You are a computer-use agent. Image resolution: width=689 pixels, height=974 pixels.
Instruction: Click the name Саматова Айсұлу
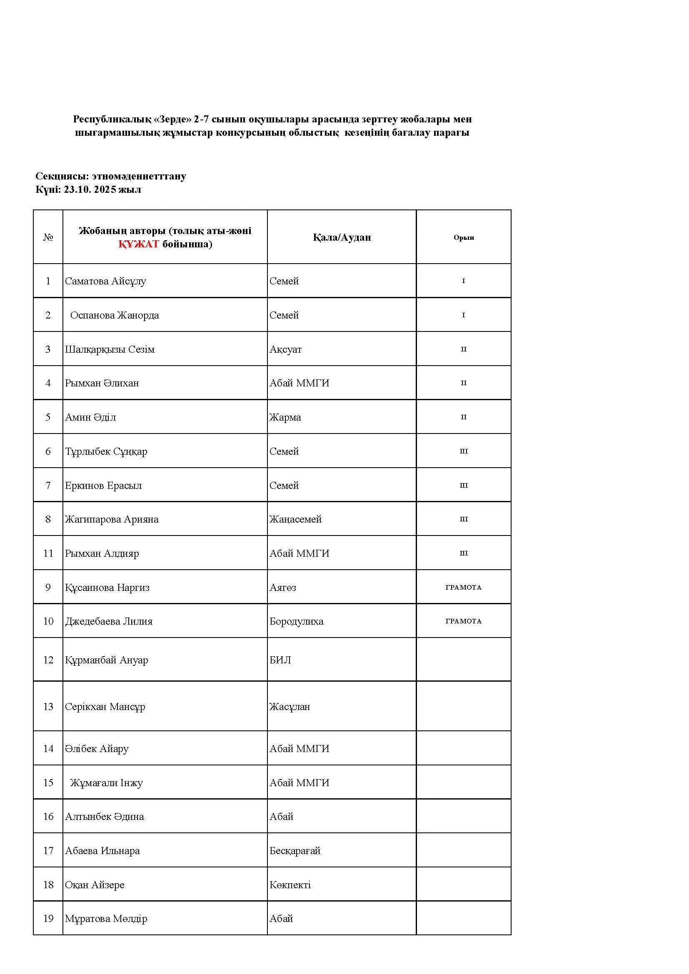(x=105, y=281)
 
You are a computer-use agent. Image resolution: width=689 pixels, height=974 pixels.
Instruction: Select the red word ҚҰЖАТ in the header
(x=138, y=244)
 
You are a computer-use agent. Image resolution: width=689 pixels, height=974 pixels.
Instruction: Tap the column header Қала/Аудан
(x=342, y=237)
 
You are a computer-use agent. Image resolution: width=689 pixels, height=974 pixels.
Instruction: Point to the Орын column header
(x=463, y=237)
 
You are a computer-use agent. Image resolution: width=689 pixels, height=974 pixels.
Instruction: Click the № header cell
(x=48, y=237)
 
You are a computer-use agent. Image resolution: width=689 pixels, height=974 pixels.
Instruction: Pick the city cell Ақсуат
(x=285, y=349)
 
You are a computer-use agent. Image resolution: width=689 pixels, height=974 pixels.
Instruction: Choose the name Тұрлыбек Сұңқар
(x=106, y=451)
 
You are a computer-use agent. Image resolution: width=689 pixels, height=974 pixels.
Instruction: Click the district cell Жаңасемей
(x=295, y=519)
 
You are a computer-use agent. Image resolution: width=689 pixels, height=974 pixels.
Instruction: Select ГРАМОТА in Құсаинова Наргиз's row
(x=463, y=587)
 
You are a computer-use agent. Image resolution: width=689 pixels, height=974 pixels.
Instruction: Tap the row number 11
(x=48, y=553)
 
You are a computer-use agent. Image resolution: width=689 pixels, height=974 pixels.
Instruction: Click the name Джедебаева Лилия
(x=109, y=621)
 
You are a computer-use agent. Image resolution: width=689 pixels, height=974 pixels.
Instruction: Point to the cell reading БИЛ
(x=280, y=660)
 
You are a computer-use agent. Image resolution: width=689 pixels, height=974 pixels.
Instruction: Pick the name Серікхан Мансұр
(x=105, y=706)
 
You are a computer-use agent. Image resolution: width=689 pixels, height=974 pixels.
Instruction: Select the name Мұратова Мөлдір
(x=106, y=919)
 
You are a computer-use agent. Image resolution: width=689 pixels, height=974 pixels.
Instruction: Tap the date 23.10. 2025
(x=90, y=189)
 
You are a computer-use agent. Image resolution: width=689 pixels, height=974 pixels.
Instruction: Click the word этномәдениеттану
(x=139, y=176)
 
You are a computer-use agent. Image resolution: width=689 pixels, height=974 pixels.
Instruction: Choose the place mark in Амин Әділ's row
(x=463, y=417)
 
